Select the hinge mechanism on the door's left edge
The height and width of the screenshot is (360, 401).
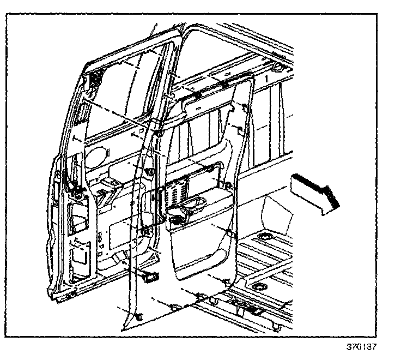pyautogui.click(x=74, y=185)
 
